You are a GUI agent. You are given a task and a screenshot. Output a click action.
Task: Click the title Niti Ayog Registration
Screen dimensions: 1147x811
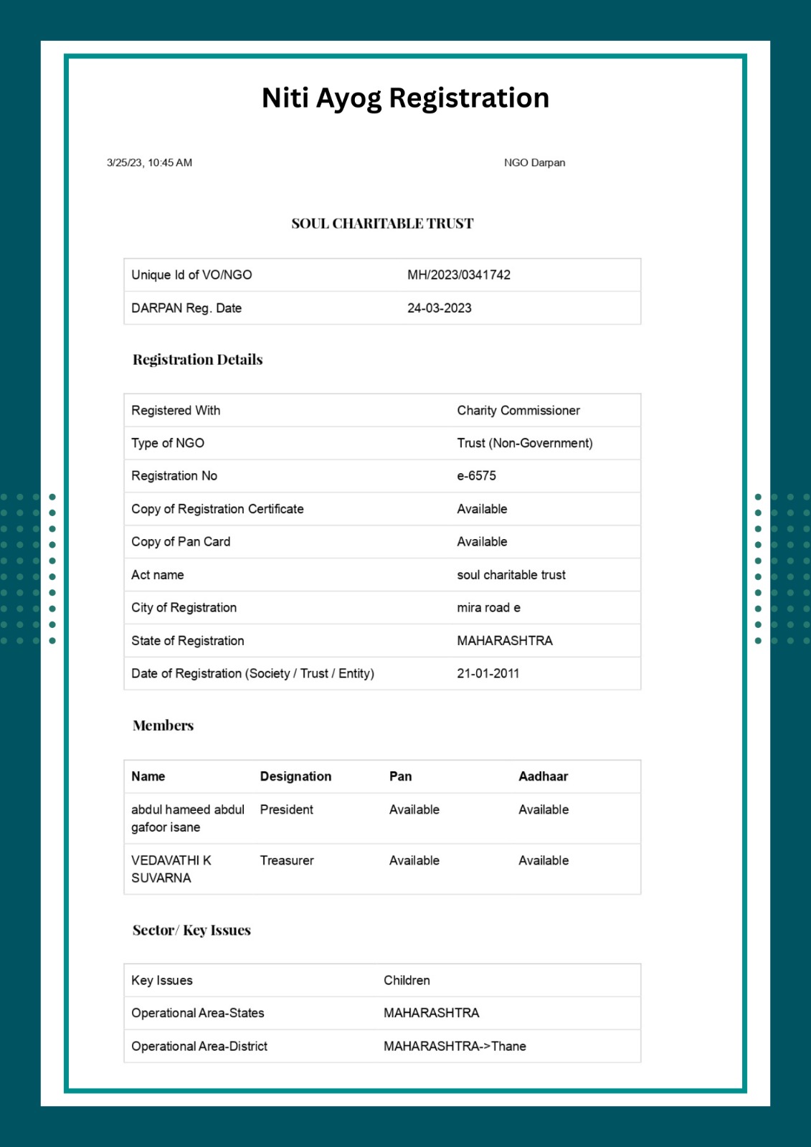click(405, 98)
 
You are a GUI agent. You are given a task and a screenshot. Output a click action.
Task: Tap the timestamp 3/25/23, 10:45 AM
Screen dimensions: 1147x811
click(149, 163)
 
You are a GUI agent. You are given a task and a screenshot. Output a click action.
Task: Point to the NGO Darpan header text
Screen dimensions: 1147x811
click(534, 163)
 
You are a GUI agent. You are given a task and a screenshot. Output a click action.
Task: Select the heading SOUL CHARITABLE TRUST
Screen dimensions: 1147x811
click(382, 224)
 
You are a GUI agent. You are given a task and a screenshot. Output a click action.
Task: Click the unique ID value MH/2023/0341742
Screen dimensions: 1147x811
click(459, 275)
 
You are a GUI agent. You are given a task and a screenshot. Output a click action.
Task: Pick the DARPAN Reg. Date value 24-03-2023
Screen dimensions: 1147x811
click(440, 308)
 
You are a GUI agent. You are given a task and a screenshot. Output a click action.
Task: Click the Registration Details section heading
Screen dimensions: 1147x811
click(197, 360)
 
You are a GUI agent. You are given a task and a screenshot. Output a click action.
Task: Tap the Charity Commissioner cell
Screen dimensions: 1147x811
click(518, 410)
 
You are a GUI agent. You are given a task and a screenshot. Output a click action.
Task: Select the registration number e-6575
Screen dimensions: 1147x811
click(476, 476)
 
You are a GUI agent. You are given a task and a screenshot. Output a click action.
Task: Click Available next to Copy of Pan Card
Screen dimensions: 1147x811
click(482, 542)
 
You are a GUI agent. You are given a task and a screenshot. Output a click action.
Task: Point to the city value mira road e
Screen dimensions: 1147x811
click(488, 608)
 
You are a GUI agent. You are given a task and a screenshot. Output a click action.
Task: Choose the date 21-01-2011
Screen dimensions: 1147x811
click(488, 673)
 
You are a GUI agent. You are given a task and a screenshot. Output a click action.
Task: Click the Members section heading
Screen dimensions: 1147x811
click(163, 725)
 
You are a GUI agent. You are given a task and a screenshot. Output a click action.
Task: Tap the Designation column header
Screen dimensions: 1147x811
click(295, 776)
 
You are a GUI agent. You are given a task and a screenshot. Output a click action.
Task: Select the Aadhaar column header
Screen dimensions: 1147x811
click(543, 776)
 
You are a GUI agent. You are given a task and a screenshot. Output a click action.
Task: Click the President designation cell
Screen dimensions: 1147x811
click(286, 809)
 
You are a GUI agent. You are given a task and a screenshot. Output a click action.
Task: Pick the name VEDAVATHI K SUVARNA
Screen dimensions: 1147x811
click(171, 869)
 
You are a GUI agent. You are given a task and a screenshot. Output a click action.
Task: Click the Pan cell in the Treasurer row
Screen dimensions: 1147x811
click(414, 860)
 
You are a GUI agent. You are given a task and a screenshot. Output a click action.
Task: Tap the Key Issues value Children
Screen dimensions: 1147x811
click(407, 980)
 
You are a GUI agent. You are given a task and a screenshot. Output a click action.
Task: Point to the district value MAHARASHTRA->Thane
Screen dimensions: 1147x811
click(455, 1046)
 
